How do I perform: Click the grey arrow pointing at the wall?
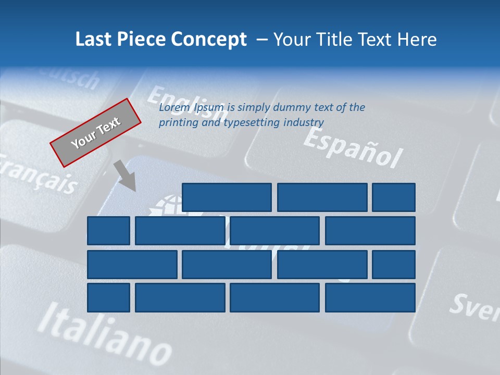[126, 176]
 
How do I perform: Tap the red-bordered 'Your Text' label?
[96, 132]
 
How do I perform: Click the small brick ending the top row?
[394, 197]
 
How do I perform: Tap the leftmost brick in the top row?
[227, 197]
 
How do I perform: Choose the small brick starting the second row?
[108, 231]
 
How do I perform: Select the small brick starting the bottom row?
[108, 297]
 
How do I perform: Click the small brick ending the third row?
[394, 264]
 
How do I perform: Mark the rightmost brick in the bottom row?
[370, 297]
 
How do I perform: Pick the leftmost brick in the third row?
[132, 264]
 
